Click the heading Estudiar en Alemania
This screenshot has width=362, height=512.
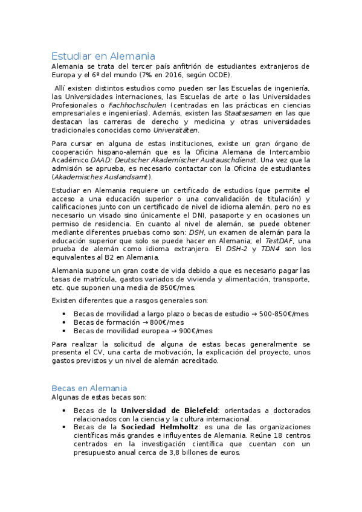pyautogui.click(x=103, y=56)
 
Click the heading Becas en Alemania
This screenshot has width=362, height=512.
pyautogui.click(x=89, y=388)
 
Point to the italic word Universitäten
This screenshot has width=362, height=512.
pyautogui.click(x=175, y=130)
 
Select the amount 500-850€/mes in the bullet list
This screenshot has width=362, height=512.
pyautogui.click(x=283, y=314)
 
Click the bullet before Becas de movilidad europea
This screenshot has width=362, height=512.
pyautogui.click(x=65, y=331)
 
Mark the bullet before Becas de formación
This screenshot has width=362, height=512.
pyautogui.click(x=65, y=322)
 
